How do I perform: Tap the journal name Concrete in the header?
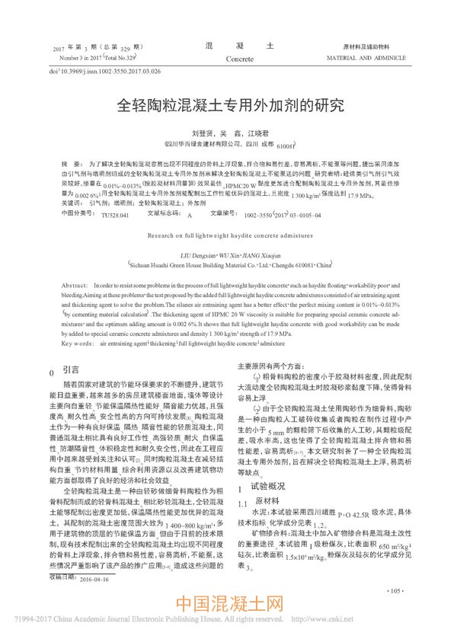[239, 57]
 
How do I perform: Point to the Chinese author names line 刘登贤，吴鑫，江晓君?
[228, 131]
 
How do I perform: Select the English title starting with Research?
[228, 236]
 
